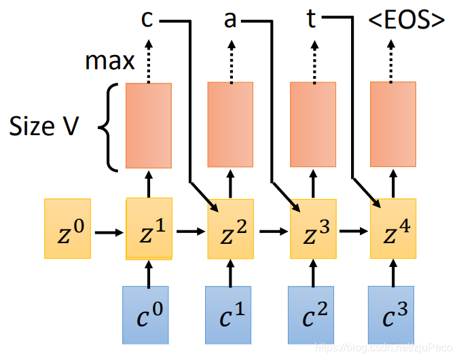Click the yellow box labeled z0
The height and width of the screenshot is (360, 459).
(67, 229)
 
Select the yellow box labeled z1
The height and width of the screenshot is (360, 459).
(149, 229)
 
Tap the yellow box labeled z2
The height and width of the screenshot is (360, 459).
(230, 229)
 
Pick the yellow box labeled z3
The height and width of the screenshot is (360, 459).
(312, 229)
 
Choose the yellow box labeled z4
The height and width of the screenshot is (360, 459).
(393, 229)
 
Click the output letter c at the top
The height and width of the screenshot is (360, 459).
(147, 20)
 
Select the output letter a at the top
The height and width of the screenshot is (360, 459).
(230, 20)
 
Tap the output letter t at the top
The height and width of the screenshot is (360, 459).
(312, 20)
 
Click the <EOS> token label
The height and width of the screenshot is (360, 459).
(407, 20)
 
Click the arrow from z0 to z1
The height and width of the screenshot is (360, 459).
(109, 232)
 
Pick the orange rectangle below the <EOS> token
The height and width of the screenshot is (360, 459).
(393, 124)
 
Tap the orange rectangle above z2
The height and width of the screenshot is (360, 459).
(230, 124)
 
